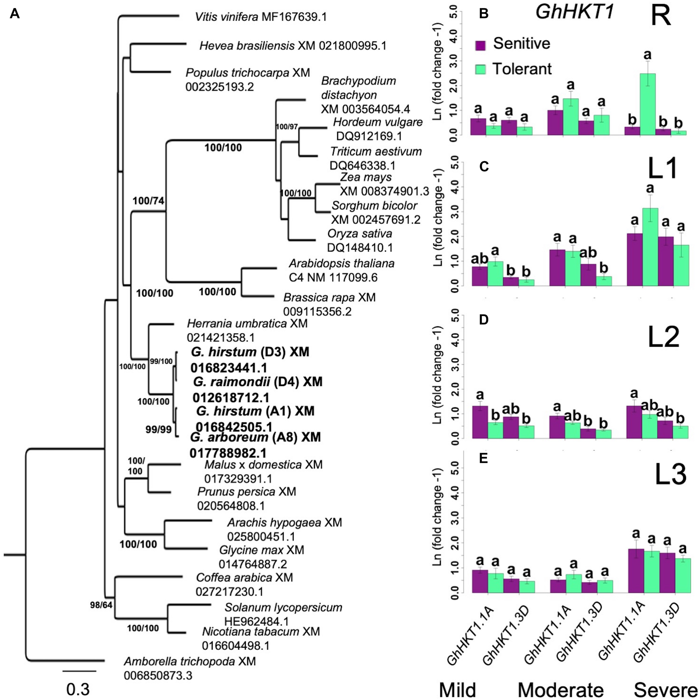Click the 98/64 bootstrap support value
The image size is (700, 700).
click(101, 604)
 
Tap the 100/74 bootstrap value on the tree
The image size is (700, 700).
click(149, 200)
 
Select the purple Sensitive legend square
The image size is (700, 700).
click(480, 45)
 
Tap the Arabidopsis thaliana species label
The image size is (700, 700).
click(341, 263)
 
